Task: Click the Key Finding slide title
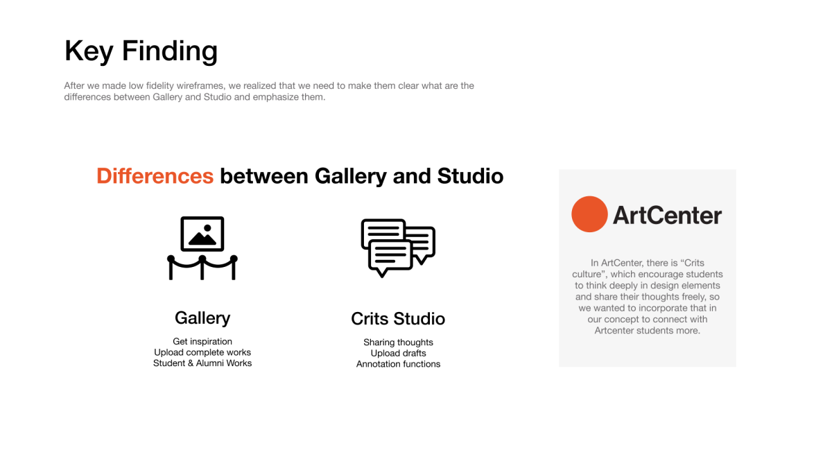click(x=141, y=51)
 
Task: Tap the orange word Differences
click(x=155, y=175)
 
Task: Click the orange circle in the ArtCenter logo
click(x=589, y=214)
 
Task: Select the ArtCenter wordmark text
click(x=667, y=216)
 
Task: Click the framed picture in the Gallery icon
click(x=202, y=234)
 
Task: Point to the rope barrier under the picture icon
click(x=202, y=267)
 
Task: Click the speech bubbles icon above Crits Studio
click(x=398, y=248)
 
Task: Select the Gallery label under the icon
click(x=202, y=318)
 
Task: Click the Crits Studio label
click(x=398, y=319)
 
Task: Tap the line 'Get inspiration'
click(x=202, y=341)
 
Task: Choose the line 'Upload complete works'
click(x=202, y=352)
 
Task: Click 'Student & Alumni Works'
click(x=202, y=363)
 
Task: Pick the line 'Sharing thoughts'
click(x=398, y=342)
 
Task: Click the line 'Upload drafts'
click(x=398, y=353)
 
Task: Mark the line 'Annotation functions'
click(x=398, y=364)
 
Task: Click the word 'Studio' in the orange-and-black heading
click(x=470, y=175)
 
